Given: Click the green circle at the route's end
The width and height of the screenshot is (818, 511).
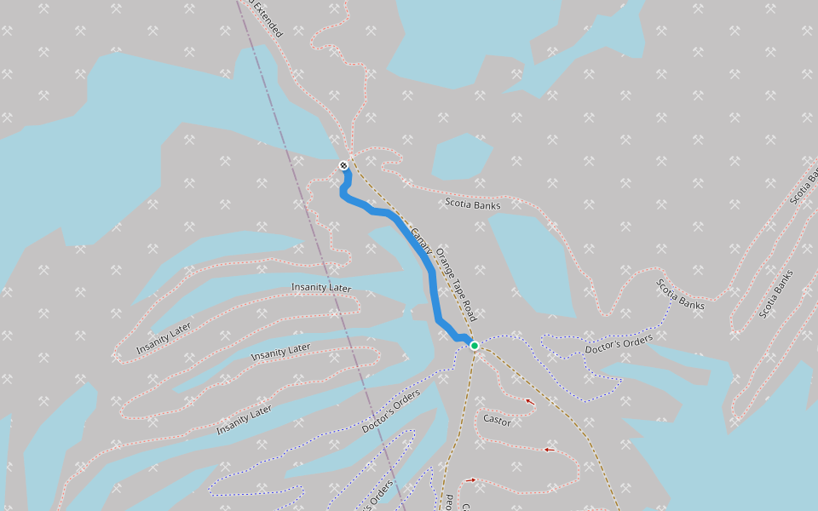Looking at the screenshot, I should pyautogui.click(x=475, y=345).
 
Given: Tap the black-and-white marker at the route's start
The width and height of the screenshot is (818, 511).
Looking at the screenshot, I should pyautogui.click(x=343, y=165).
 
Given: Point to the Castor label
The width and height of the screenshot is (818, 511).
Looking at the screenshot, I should pyautogui.click(x=497, y=420).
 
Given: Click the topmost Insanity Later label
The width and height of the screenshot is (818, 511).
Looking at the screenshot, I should pyautogui.click(x=321, y=288).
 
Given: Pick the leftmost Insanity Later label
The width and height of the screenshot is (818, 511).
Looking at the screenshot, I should pyautogui.click(x=164, y=339).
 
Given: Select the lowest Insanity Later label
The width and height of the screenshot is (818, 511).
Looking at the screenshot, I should pyautogui.click(x=244, y=420).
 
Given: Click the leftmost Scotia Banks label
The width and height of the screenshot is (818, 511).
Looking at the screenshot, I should pyautogui.click(x=473, y=204).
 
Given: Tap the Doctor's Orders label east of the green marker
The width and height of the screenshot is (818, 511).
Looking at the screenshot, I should pyautogui.click(x=619, y=345).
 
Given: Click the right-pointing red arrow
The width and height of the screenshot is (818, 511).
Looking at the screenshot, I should pyautogui.click(x=470, y=480).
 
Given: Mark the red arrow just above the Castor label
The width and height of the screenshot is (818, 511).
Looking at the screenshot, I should pyautogui.click(x=529, y=401).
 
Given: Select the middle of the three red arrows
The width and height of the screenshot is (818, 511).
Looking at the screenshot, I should pyautogui.click(x=549, y=450).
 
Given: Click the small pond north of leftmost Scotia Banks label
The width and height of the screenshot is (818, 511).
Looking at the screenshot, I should pyautogui.click(x=460, y=155).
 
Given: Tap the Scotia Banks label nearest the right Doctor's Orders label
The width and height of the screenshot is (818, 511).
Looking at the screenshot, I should pyautogui.click(x=681, y=294).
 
